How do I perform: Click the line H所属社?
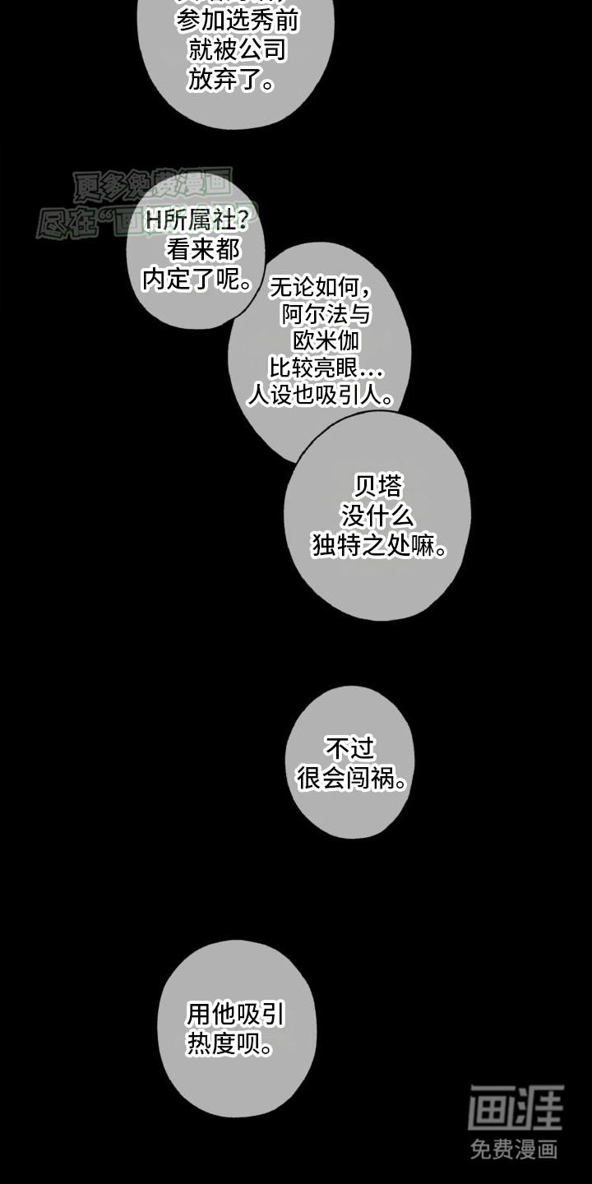click(197, 220)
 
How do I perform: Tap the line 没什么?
click(378, 516)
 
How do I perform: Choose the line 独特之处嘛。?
click(380, 546)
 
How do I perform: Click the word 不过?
click(350, 749)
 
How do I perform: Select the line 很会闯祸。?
click(353, 779)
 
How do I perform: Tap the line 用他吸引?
click(236, 1015)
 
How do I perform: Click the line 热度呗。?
click(230, 1044)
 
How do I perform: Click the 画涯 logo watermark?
click(516, 1108)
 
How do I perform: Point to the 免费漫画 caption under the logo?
click(515, 1149)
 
